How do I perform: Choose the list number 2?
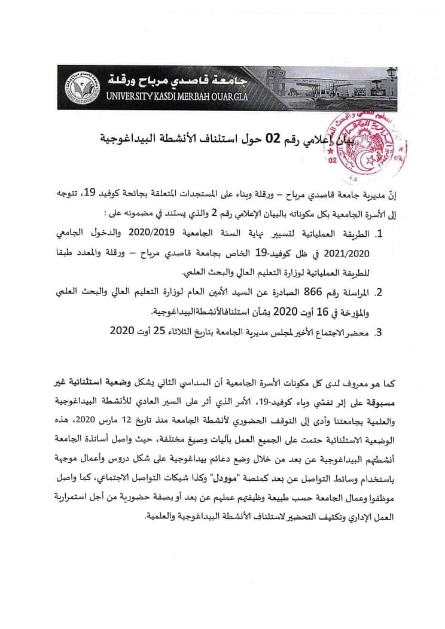coord(383,293)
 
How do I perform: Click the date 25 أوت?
coord(141,331)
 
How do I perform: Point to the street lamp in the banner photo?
coord(390,74)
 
